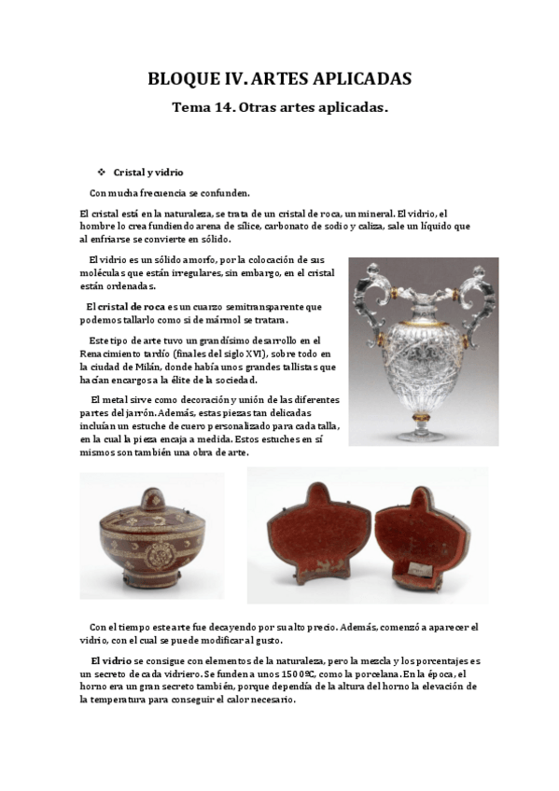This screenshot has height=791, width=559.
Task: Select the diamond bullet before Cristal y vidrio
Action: point(103,173)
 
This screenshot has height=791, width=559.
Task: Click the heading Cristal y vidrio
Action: point(148,173)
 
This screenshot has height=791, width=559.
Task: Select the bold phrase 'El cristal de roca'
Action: point(125,306)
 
